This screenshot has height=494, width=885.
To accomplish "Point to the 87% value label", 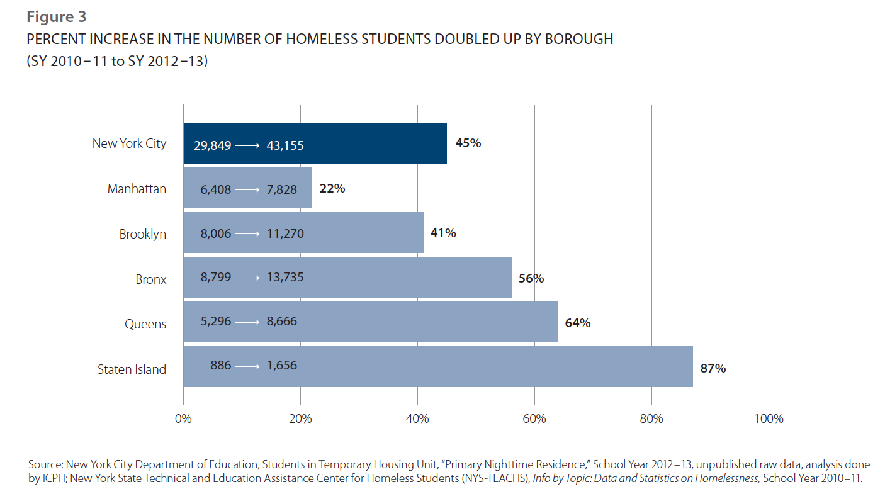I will (713, 368).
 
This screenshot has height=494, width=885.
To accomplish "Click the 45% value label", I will (468, 143).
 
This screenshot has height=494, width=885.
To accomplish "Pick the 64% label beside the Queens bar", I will (577, 323).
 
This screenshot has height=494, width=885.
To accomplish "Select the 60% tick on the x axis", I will (534, 418).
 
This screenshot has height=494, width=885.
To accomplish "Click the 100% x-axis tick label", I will (769, 418).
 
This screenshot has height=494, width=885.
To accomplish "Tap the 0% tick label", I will (183, 418).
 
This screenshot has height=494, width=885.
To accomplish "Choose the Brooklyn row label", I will (143, 234).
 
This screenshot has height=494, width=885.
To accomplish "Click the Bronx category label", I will (151, 279).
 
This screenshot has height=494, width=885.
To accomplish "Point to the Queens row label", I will (145, 324).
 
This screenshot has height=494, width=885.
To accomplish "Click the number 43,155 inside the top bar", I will (285, 145).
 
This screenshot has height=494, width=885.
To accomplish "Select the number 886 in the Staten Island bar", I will (220, 366).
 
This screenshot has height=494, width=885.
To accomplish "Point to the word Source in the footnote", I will (45, 464).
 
